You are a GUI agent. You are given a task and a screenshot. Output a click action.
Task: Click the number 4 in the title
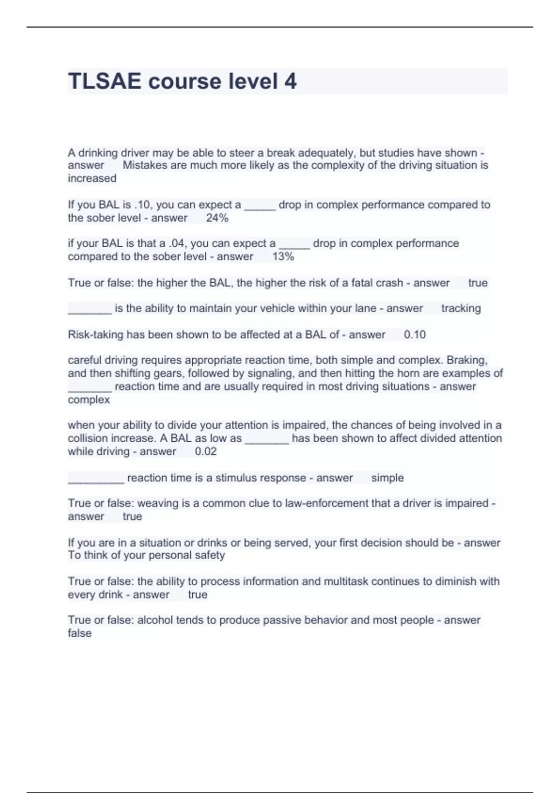tap(290, 81)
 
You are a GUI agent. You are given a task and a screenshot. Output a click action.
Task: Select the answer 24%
tap(217, 218)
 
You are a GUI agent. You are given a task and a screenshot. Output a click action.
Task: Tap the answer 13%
tap(283, 257)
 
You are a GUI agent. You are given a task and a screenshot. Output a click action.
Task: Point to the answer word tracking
tap(461, 308)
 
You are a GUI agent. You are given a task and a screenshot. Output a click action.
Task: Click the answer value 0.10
tap(414, 334)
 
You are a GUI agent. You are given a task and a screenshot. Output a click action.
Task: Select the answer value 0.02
tap(205, 452)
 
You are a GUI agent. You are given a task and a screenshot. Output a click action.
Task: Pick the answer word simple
tap(387, 478)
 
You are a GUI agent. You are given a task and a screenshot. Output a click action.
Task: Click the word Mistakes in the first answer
tap(145, 165)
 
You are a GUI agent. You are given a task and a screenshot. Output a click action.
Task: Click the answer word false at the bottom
tap(79, 633)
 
